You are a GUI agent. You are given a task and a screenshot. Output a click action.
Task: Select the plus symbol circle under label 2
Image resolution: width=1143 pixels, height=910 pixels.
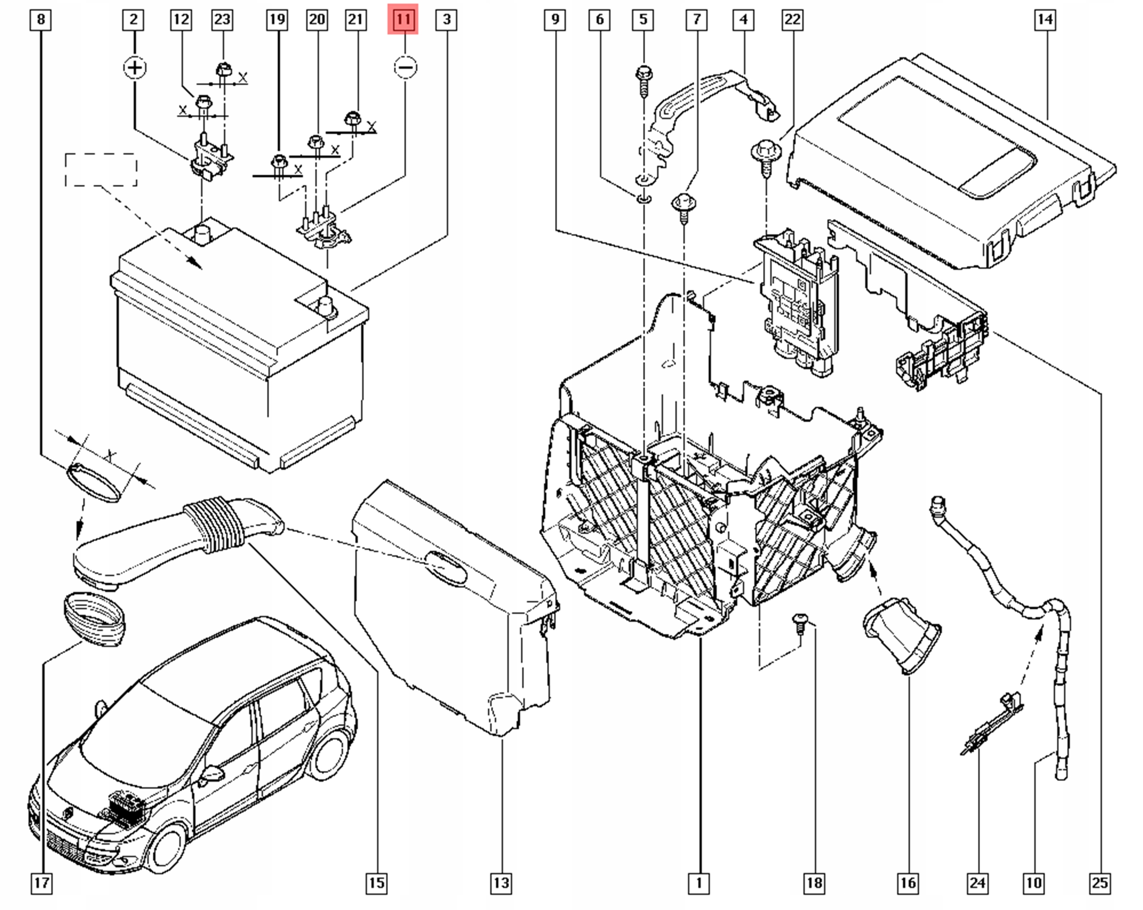[135, 68]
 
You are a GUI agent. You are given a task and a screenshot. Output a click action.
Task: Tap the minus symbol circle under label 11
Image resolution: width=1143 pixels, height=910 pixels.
[405, 68]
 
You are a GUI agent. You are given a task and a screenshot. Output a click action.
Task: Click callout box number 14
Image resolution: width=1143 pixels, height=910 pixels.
[1044, 20]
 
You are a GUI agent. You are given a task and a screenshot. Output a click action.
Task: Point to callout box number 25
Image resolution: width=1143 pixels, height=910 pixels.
[1100, 882]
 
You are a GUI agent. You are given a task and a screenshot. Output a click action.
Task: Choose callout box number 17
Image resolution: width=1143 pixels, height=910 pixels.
[42, 882]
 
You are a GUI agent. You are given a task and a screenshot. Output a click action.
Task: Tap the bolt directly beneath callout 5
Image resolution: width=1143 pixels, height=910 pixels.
[643, 79]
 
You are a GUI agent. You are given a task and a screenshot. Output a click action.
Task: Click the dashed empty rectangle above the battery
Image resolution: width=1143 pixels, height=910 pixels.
[101, 170]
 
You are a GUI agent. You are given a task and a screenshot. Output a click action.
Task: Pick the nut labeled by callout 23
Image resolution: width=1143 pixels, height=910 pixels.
[222, 70]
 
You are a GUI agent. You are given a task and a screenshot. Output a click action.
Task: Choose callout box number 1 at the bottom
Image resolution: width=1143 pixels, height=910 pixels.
[698, 882]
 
